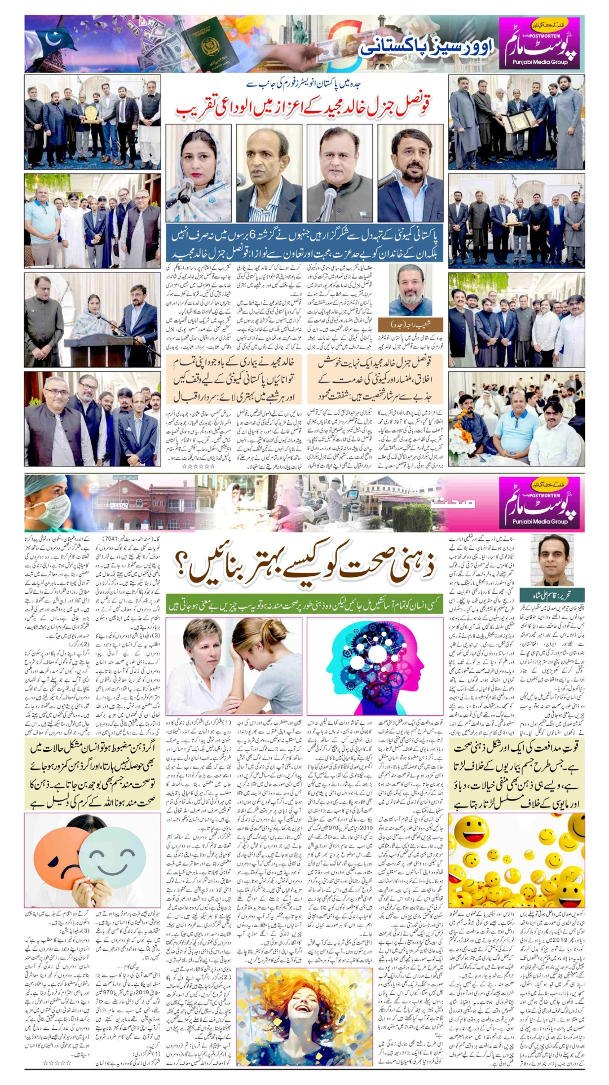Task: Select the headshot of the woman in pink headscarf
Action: point(198,173)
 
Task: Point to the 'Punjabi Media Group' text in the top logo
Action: point(540,62)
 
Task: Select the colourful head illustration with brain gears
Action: point(375,665)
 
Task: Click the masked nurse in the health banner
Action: point(48,504)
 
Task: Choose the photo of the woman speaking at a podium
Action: point(92,320)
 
